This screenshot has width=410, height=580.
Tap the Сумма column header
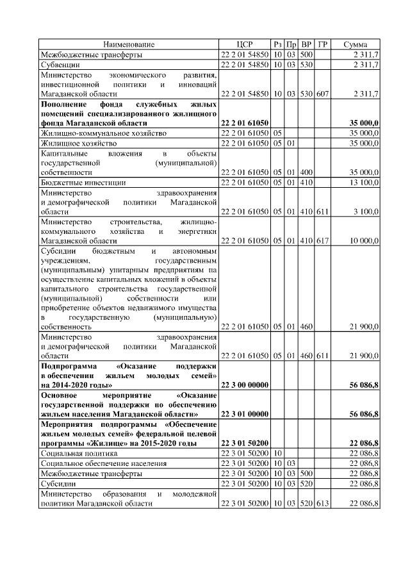point(355,44)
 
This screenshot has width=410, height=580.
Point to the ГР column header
point(323,44)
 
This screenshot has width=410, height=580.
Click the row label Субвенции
point(60,65)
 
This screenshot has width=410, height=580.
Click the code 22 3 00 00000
point(244,385)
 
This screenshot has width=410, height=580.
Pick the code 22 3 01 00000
point(244,414)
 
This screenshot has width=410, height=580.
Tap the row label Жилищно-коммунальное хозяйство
point(103,133)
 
